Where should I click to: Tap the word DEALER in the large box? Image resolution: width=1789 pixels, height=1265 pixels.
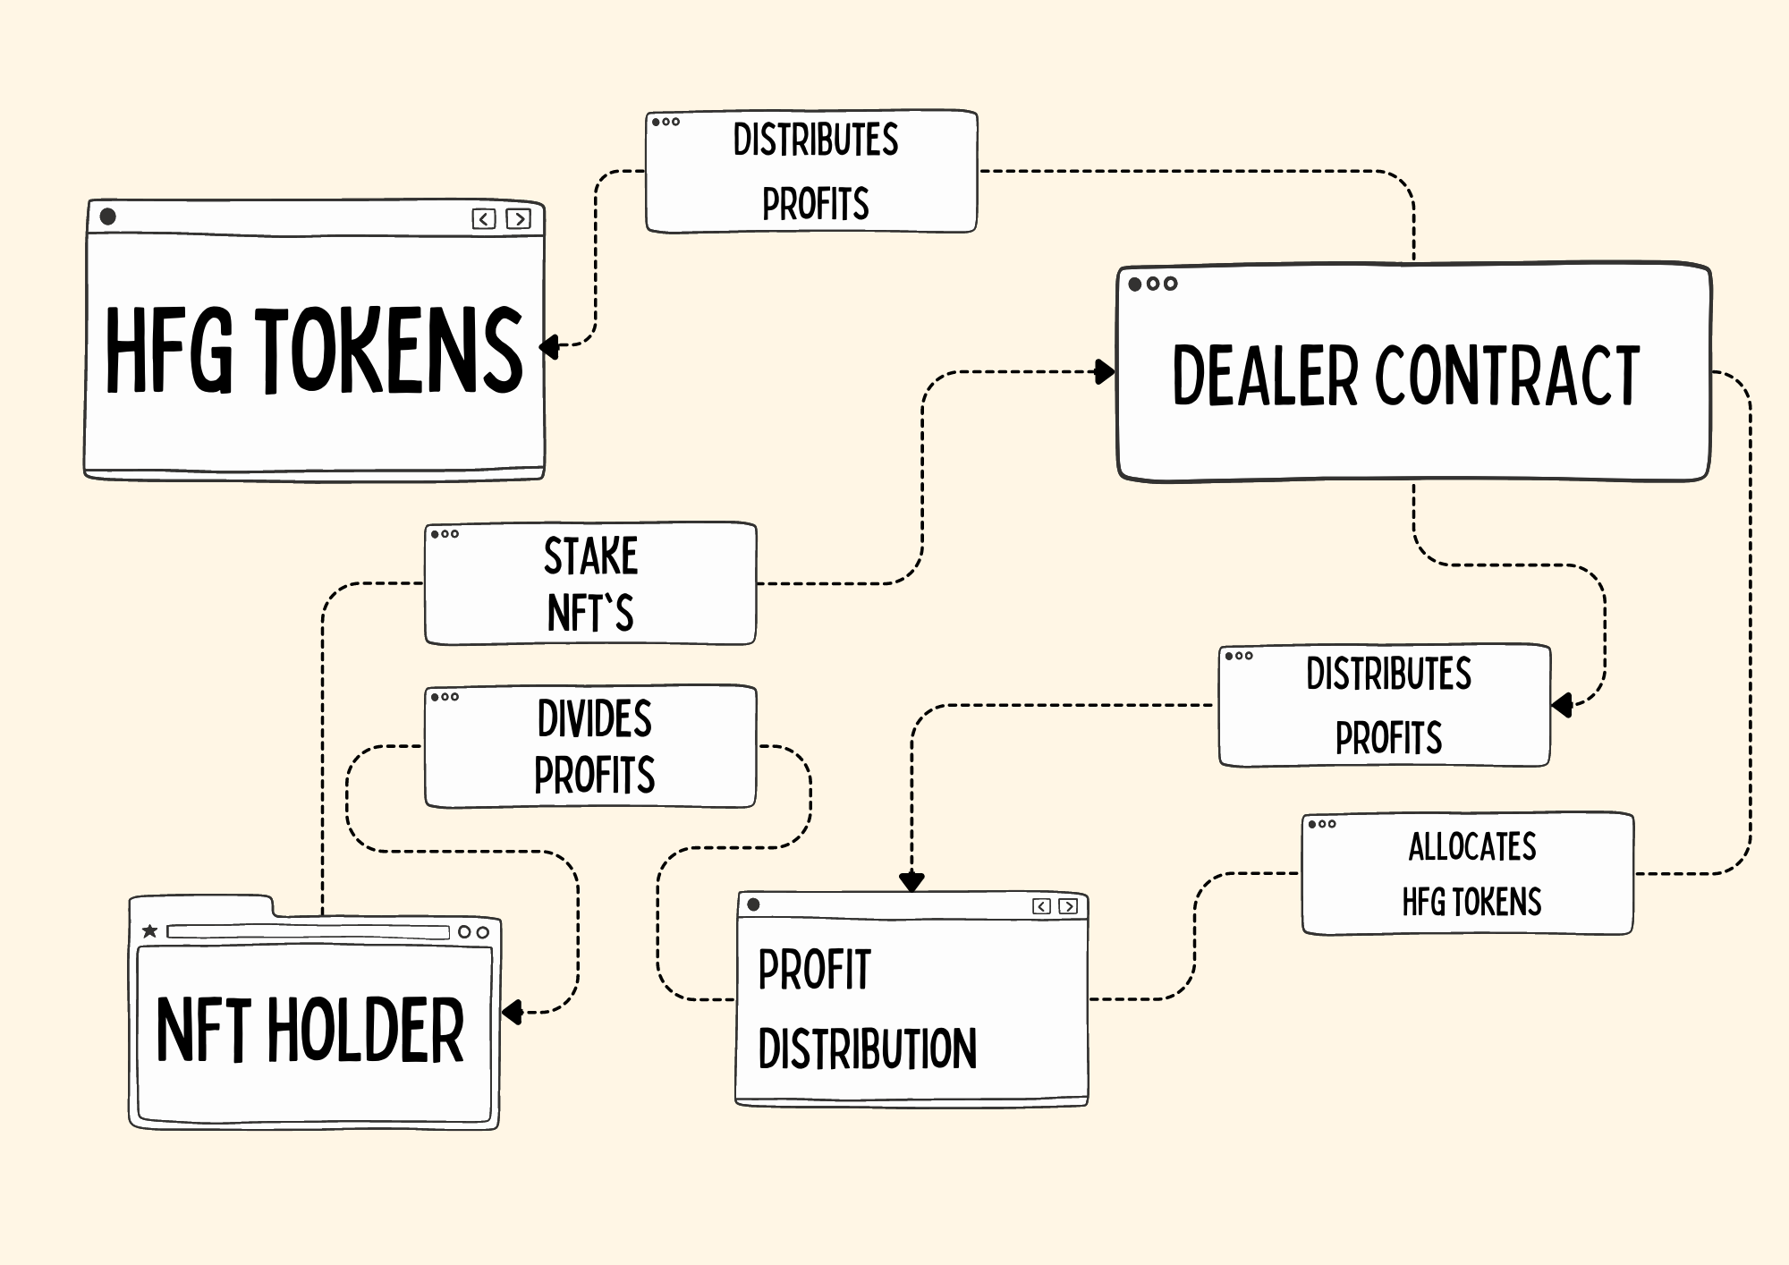(1265, 376)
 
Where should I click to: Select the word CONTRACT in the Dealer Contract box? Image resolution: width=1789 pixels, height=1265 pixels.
(1507, 376)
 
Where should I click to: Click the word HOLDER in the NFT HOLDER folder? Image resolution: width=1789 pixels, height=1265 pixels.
(366, 1031)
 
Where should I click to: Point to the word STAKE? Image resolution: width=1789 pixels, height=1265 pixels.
(590, 556)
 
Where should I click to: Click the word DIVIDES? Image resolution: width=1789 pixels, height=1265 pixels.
(594, 718)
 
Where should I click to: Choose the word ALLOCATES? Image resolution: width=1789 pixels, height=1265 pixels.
(1471, 846)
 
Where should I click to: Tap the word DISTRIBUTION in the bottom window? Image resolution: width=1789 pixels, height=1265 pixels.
(867, 1049)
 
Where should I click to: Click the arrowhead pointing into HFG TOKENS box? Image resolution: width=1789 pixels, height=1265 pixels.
(549, 346)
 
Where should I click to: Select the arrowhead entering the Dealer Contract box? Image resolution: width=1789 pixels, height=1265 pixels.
(1106, 372)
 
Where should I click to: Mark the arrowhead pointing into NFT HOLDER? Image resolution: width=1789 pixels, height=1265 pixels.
(512, 1013)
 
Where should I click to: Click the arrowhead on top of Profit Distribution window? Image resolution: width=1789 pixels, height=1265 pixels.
(911, 882)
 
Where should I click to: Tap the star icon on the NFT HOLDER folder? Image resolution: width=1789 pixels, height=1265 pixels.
(149, 931)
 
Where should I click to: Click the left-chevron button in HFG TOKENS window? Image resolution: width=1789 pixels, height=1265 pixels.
(484, 219)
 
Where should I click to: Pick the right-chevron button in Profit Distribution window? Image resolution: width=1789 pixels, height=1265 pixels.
(1068, 906)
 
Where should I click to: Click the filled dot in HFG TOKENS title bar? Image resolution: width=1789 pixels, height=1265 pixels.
(108, 216)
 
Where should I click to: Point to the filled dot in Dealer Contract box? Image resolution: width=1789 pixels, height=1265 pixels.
(1135, 284)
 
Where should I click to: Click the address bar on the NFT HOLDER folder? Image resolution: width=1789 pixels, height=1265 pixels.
(308, 932)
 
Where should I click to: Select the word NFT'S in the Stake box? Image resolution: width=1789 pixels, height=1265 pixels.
(590, 614)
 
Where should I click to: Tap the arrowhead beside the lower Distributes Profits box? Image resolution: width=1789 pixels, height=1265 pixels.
(1562, 705)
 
